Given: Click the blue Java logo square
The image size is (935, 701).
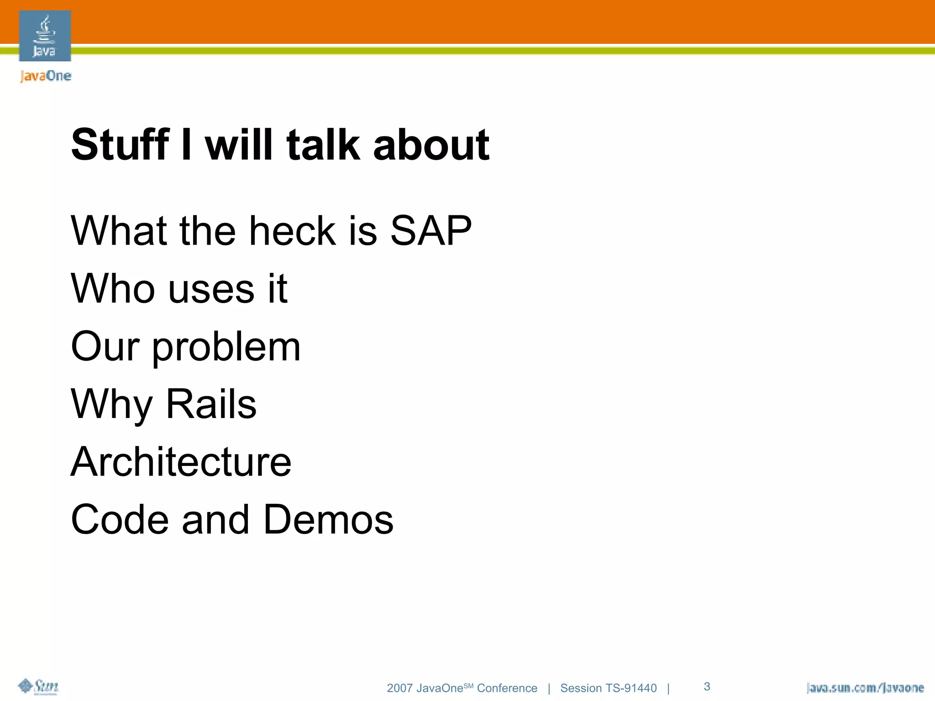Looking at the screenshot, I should point(45,36).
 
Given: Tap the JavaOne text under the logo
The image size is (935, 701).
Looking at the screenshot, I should point(46,76).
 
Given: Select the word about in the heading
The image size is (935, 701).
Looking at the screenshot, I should point(431,145).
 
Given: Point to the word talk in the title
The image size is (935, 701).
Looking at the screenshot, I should point(323,145).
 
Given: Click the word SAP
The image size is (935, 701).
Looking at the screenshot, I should point(431,231).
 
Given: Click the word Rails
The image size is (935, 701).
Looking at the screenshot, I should point(211,404).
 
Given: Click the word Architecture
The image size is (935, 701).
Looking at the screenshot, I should point(181,462).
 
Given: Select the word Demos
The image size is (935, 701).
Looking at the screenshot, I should point(328,520).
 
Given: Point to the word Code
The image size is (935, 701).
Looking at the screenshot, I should point(120,520).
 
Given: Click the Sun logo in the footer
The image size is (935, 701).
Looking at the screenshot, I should point(39,686).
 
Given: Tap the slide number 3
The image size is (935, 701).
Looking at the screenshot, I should point(707,686).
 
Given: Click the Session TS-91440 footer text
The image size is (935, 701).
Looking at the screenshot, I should point(608,688).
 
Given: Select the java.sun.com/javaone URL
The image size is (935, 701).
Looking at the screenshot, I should point(865,688).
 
